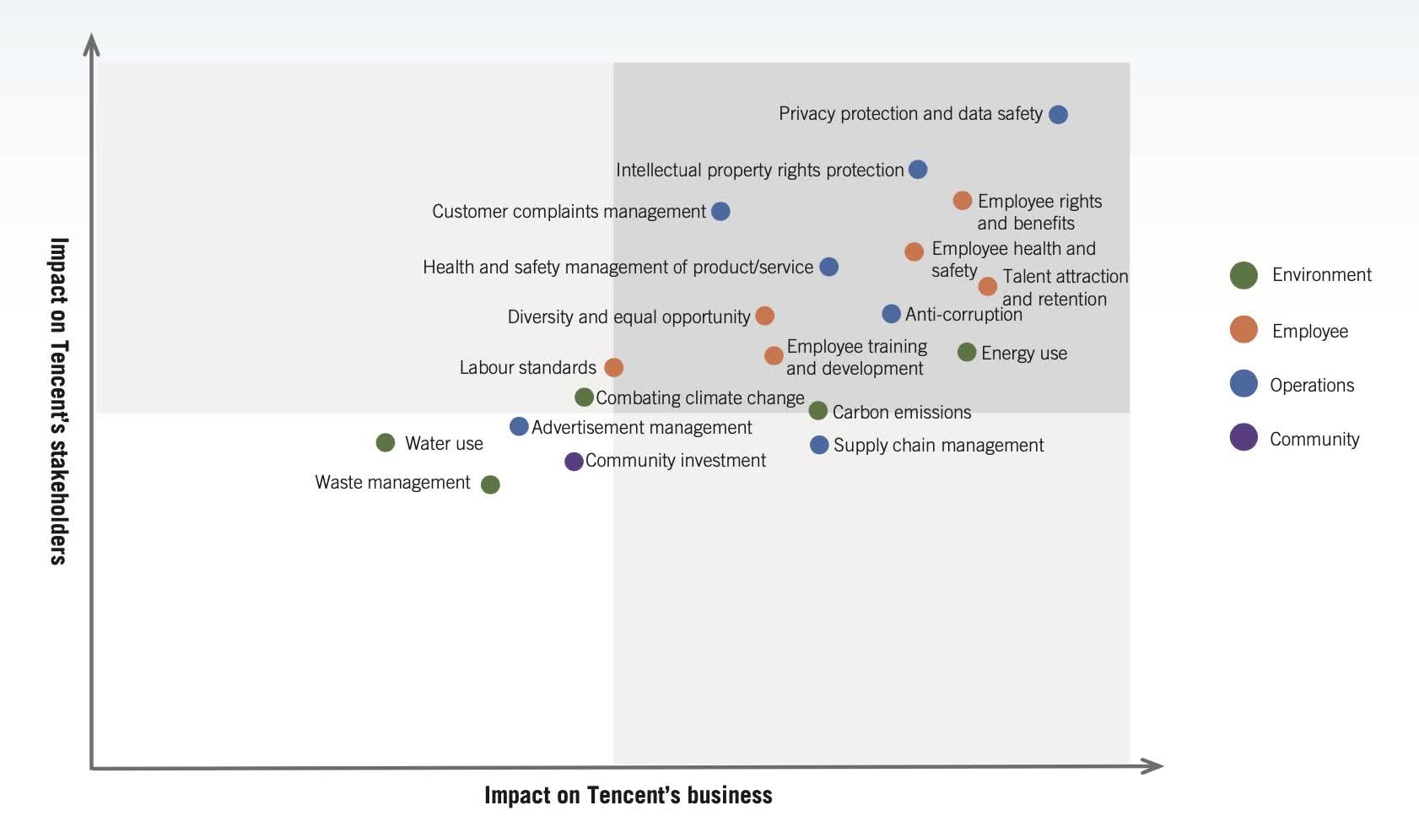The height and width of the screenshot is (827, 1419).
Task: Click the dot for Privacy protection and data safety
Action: pyautogui.click(x=1058, y=115)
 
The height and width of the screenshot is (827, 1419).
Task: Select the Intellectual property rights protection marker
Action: pyautogui.click(x=918, y=170)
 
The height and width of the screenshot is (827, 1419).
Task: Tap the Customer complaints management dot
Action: pyautogui.click(x=720, y=211)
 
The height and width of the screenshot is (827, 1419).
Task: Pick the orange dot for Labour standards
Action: pyautogui.click(x=614, y=367)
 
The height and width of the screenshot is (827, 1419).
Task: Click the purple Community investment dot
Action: pyautogui.click(x=574, y=462)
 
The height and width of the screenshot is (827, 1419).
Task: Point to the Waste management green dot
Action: pyautogui.click(x=490, y=484)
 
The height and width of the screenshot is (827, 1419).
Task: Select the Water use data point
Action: pyautogui.click(x=386, y=443)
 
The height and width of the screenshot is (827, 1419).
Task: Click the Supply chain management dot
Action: pyautogui.click(x=819, y=445)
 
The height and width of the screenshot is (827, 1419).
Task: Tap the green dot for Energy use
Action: pyautogui.click(x=967, y=352)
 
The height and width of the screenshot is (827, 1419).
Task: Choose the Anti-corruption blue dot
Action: pyautogui.click(x=891, y=314)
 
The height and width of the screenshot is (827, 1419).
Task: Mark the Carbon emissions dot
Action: pyautogui.click(x=817, y=411)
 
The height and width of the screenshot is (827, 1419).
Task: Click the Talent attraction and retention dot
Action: pyautogui.click(x=988, y=287)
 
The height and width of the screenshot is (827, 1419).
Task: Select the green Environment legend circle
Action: pyautogui.click(x=1244, y=275)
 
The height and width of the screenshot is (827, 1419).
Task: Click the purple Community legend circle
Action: pyautogui.click(x=1244, y=437)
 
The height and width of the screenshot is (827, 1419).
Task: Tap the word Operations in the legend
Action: pyautogui.click(x=1312, y=386)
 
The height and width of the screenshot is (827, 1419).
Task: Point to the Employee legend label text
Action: pyautogui.click(x=1309, y=332)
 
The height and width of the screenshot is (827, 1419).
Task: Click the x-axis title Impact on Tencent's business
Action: pyautogui.click(x=628, y=795)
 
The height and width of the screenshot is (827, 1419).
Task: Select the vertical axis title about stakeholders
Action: pyautogui.click(x=58, y=401)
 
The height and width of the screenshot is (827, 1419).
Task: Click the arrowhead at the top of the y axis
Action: pyautogui.click(x=92, y=44)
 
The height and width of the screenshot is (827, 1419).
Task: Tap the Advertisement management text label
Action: pyautogui.click(x=641, y=428)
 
